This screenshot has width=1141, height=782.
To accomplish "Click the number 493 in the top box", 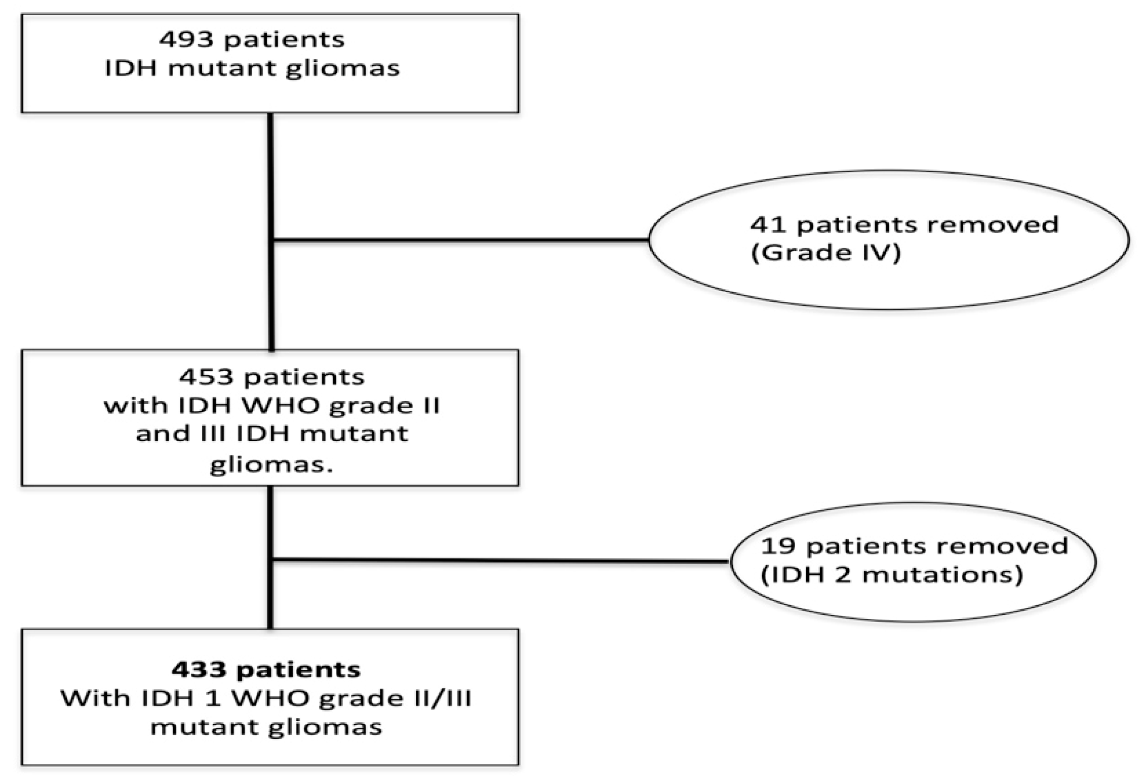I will tap(186, 40).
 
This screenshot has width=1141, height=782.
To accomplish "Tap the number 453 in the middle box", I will tap(206, 377).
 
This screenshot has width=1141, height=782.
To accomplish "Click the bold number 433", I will tap(198, 670).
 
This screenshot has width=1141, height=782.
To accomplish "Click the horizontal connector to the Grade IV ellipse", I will tap(461, 240).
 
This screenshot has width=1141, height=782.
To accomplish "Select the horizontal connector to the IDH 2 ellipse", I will tap(499, 560).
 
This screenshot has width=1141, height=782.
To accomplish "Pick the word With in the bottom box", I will tap(94, 699).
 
